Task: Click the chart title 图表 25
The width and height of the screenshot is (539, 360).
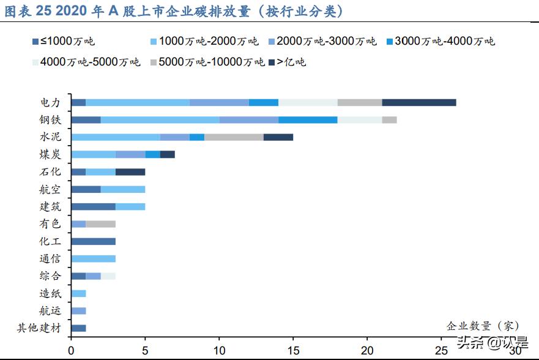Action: (x=172, y=11)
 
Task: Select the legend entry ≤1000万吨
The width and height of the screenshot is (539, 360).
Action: (x=67, y=42)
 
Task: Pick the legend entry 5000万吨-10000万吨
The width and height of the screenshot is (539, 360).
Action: (x=208, y=62)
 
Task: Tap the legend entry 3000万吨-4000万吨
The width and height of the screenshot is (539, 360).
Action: (x=440, y=42)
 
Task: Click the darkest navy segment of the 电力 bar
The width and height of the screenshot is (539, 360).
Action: (x=419, y=102)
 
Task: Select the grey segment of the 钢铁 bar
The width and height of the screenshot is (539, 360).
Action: (x=389, y=119)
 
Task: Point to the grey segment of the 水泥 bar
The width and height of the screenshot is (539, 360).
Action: (x=234, y=137)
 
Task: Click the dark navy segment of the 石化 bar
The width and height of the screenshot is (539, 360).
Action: (x=130, y=171)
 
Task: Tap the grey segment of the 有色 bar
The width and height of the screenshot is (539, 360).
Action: (x=101, y=224)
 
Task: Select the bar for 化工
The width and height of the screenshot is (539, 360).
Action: (x=93, y=241)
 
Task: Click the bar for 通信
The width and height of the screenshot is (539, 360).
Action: (x=93, y=258)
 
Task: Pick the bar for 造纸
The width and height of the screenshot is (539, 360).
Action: (x=78, y=293)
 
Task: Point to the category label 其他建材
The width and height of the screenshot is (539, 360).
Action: (x=39, y=328)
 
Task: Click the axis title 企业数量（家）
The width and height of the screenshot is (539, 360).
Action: (x=483, y=325)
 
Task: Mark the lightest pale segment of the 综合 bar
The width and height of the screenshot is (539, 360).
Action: (x=108, y=276)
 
